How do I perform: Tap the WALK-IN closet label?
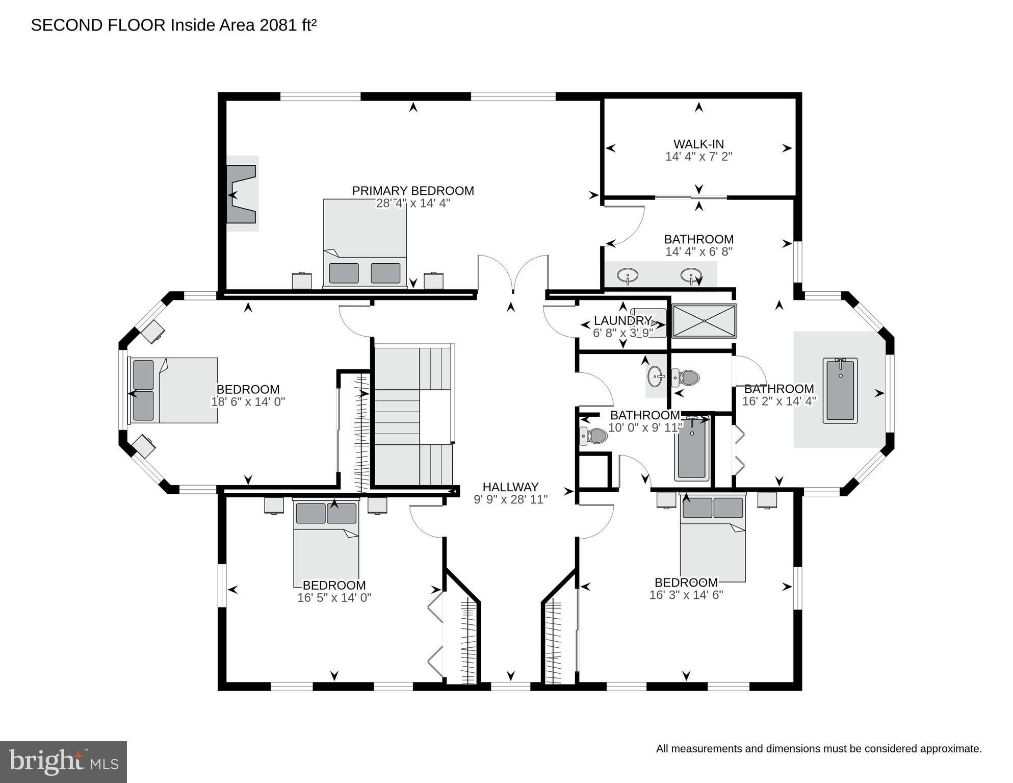point(698,144)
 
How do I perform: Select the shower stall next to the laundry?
point(704,321)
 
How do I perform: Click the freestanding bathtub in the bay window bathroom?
point(840,390)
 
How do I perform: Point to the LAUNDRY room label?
point(622,321)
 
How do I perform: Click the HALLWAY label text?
point(510,487)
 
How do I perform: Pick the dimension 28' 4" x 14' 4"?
point(413,203)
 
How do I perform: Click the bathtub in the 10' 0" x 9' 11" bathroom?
point(692,448)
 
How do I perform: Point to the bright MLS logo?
point(63,762)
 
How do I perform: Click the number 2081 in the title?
point(277,26)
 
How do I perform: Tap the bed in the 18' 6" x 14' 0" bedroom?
point(173,390)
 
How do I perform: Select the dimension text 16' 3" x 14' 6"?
point(686,595)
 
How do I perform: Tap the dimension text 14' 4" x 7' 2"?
point(698,157)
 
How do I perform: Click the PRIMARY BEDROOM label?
point(413,191)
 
